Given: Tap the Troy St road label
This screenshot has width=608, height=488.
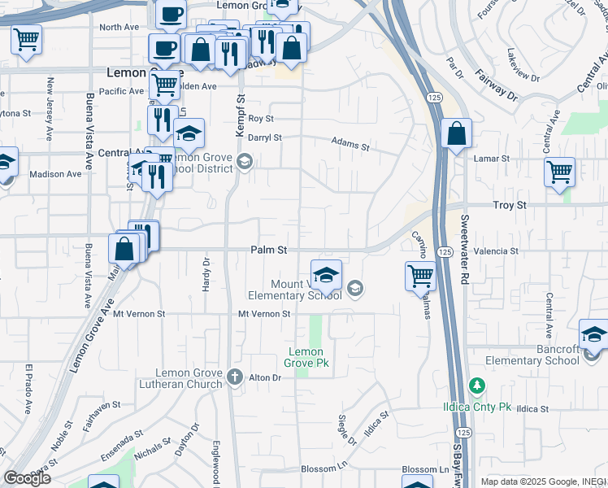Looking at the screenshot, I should pos(509,207).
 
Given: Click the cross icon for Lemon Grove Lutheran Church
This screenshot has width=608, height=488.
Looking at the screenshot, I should pos(235,377).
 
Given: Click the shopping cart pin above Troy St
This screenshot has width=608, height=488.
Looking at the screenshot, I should pos(559,172).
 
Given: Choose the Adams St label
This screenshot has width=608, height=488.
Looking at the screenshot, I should pos(350,144).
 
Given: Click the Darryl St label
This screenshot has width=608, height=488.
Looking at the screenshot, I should pos(264,138).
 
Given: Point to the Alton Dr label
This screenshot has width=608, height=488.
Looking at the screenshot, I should pos(264,377).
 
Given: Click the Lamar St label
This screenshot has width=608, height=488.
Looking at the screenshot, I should pos(493,159).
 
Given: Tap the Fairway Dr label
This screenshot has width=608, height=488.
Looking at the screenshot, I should pos(497,85).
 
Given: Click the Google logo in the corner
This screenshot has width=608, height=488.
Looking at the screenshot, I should pos(27,478).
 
